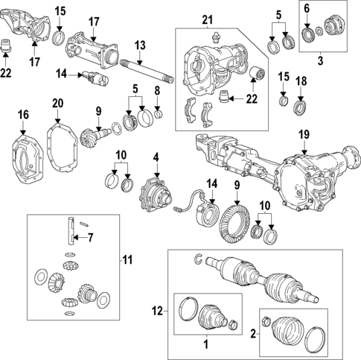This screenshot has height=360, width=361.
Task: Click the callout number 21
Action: [206, 19]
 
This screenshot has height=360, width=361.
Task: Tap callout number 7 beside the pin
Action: [91, 239]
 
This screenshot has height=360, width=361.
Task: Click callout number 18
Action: [300, 80]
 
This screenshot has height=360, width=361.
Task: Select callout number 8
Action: [156, 91]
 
